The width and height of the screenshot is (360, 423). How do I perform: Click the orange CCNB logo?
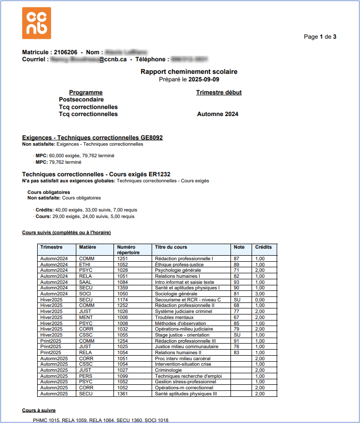pos(37,23)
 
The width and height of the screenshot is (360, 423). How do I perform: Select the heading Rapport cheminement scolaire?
pos(189,72)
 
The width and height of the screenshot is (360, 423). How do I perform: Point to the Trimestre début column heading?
pos(218,92)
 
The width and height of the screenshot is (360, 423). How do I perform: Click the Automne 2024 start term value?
pos(217,114)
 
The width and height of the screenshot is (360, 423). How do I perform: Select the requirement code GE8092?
pos(152,137)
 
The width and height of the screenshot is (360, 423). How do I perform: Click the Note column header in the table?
pos(239,247)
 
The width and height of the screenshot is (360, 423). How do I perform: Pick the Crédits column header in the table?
pos(263,247)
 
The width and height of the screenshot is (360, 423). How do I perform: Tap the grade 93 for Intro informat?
pos(236,282)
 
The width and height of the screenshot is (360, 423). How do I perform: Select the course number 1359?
pos(123,288)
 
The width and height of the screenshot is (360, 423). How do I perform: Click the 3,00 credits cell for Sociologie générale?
pos(260,293)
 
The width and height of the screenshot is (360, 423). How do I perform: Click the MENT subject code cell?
pos(86,317)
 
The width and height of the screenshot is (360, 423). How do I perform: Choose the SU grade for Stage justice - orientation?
pos(237,335)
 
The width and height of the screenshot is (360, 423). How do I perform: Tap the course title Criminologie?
pos(168,370)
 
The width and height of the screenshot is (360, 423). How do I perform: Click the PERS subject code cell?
pos(85,376)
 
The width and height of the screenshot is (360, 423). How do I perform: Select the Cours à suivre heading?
pos(39,410)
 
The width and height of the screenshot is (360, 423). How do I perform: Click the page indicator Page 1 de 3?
pos(320,37)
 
